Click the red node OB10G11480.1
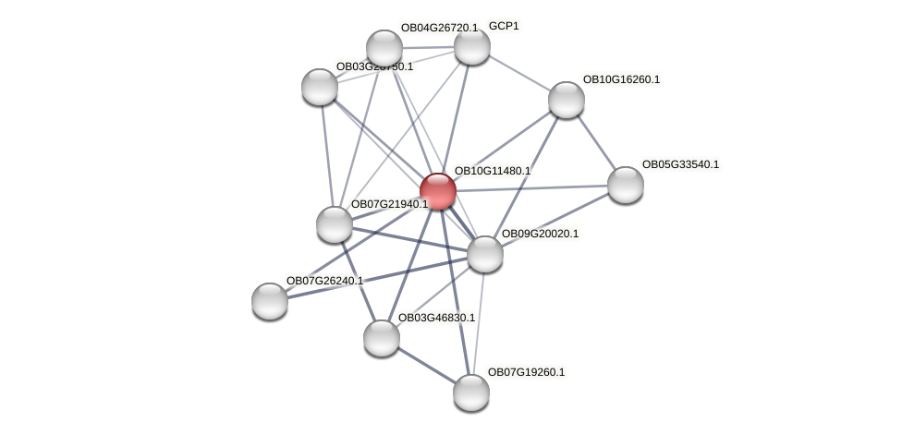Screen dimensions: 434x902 [438, 191]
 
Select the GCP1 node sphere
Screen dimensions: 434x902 [471, 46]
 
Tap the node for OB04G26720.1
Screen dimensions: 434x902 [384, 48]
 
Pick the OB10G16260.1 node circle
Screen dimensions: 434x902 [567, 100]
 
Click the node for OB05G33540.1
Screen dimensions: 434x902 [626, 185]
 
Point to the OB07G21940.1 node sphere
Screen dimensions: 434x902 [335, 224]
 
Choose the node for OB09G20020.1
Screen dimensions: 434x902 [485, 254]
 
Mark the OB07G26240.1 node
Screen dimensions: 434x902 [270, 301]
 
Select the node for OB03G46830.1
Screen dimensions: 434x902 [382, 338]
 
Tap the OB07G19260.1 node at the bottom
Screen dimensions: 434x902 [471, 392]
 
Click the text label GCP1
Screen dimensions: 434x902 [504, 26]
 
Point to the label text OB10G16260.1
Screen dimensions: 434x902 [621, 79]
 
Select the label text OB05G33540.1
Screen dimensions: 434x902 [680, 164]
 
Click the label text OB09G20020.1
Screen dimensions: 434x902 [540, 234]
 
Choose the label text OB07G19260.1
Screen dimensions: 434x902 [526, 372]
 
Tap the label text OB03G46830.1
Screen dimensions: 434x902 [436, 318]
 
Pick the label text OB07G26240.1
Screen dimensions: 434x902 [324, 281]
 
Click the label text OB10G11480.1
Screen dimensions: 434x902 [493, 171]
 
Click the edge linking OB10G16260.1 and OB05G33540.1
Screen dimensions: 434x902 [596, 142]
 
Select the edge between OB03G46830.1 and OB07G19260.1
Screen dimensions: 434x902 [426, 365]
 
